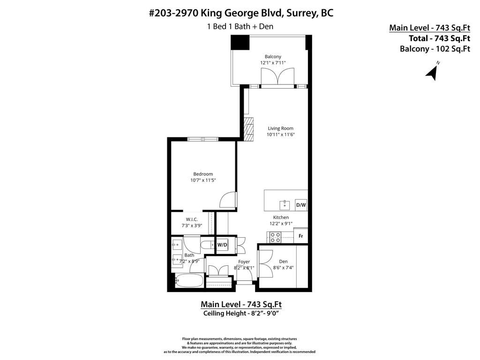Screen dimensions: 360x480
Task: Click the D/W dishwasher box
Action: [300, 205]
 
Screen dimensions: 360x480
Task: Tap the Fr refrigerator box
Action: [300, 236]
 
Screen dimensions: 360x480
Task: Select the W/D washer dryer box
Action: [222, 245]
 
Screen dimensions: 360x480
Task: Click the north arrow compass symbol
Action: [432, 72]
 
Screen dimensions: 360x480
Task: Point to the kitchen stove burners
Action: [274, 237]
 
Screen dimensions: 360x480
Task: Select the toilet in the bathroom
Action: [206, 245]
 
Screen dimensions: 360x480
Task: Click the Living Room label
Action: [280, 128]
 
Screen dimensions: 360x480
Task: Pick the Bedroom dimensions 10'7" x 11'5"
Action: [203, 180]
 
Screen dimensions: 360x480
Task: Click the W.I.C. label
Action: [191, 219]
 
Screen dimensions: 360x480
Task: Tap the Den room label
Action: [283, 262]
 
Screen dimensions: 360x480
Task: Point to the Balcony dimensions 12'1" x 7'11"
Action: [273, 62]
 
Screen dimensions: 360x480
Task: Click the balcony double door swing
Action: [278, 76]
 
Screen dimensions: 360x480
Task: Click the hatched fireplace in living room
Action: [248, 128]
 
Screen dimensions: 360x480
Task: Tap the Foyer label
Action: [244, 262]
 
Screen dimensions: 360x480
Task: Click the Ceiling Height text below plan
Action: [241, 313]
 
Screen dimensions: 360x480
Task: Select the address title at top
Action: [241, 13]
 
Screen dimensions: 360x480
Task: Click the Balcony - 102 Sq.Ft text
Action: [435, 48]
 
